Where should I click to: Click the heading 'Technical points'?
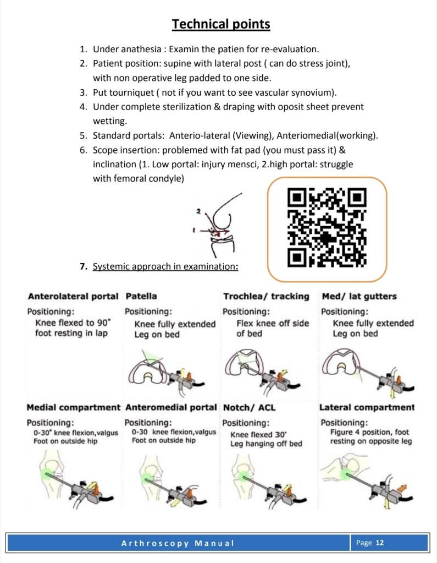[x=221, y=24]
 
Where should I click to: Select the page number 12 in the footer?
[x=379, y=543]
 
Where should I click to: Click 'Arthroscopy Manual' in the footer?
[x=178, y=543]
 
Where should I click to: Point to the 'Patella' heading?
[x=141, y=296]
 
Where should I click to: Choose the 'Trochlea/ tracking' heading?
[x=266, y=296]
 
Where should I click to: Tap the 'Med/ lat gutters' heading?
[x=358, y=296]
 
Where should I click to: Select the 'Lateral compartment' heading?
[x=367, y=408]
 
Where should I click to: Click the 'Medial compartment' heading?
[x=73, y=408]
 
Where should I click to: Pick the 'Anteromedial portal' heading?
[x=171, y=408]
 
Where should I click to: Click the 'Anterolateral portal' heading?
[x=73, y=296]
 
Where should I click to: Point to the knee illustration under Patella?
[x=159, y=371]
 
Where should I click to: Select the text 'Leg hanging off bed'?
[x=266, y=444]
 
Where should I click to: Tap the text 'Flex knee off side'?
[x=273, y=323]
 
